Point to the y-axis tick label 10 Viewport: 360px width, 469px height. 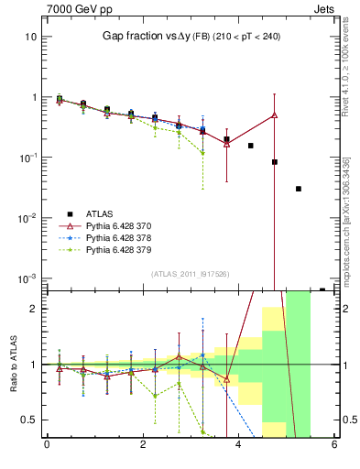coord(30,37)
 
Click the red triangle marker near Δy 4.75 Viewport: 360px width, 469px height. coord(274,115)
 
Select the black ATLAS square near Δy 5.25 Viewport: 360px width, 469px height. coord(299,189)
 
